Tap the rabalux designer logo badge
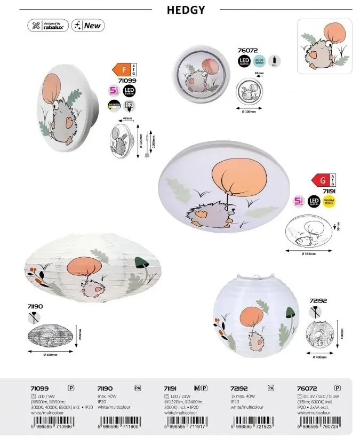pos(49,26)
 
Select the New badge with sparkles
pos(87,26)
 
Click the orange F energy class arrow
pos(117,69)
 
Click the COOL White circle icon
pos(260,61)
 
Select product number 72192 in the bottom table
pos(242,389)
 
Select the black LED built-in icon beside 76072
pos(244,61)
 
